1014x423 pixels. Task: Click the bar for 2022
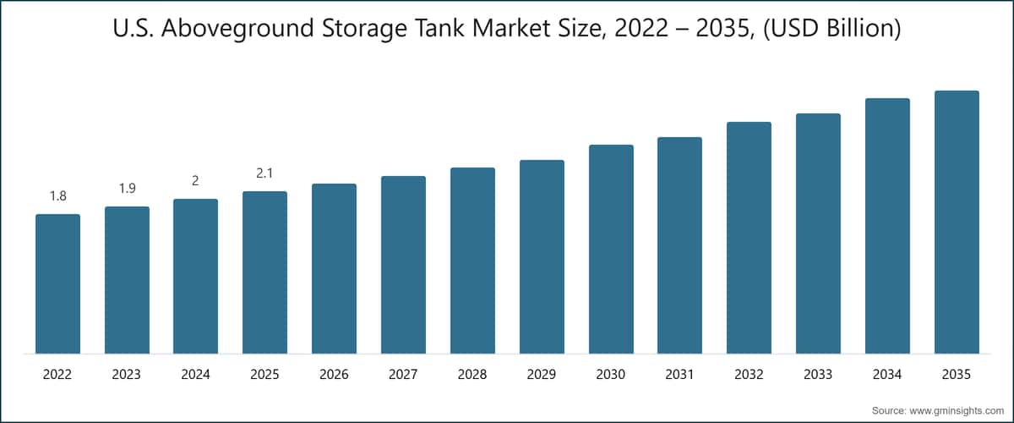coord(57,284)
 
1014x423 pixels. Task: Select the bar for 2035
coord(957,222)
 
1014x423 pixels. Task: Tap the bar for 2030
coord(611,250)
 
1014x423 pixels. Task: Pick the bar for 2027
coord(403,265)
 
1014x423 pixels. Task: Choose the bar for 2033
coord(818,233)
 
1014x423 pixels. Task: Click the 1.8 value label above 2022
coord(57,196)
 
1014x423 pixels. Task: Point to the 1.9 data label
coord(127,189)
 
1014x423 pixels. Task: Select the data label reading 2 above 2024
coord(195,181)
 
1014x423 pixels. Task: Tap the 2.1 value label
coord(264,173)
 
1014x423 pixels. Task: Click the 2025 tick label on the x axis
coord(264,374)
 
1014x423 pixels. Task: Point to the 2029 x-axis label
coord(542,374)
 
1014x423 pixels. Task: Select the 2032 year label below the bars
coord(749,374)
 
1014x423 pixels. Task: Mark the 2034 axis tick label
coord(887,374)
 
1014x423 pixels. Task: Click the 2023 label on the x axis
coord(127,374)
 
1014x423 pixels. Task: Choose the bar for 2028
coord(472,261)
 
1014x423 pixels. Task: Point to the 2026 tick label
coord(334,374)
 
